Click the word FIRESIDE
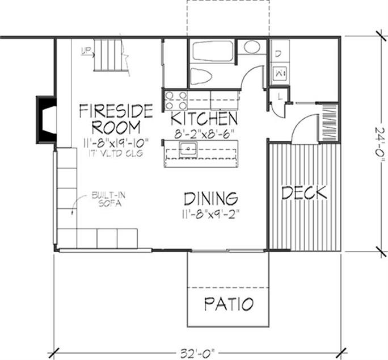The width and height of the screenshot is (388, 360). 116,110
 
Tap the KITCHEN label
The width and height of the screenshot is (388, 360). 204,119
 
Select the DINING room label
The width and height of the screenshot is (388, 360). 210,199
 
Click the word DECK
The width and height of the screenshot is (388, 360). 305,193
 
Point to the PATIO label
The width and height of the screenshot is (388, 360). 229,304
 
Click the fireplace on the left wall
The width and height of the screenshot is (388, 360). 46,119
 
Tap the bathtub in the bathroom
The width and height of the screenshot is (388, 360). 213,51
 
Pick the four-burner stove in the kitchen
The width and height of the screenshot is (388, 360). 176,100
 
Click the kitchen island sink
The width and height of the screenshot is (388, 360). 188,149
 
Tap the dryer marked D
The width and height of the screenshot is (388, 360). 279,55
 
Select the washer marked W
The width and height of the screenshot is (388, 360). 279,72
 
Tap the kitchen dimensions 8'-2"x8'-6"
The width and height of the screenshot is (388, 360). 205,135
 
